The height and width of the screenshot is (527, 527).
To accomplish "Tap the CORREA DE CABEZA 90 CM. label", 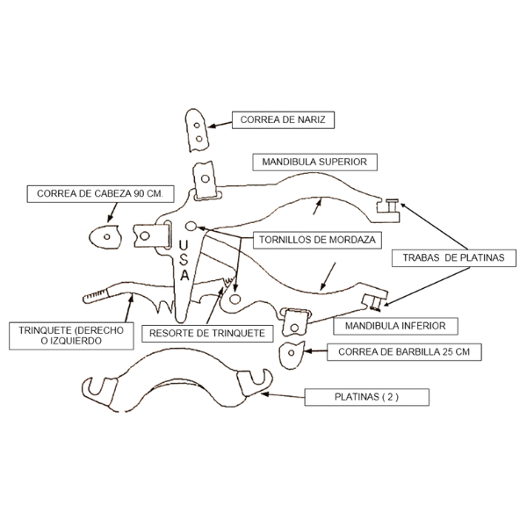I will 102,193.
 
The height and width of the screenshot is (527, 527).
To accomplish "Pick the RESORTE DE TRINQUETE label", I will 206,334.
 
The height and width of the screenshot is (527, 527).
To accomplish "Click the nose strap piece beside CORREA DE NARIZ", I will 199,130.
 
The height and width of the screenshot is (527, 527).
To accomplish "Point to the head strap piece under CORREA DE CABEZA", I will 105,235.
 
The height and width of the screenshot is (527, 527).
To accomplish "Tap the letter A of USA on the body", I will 184,275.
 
